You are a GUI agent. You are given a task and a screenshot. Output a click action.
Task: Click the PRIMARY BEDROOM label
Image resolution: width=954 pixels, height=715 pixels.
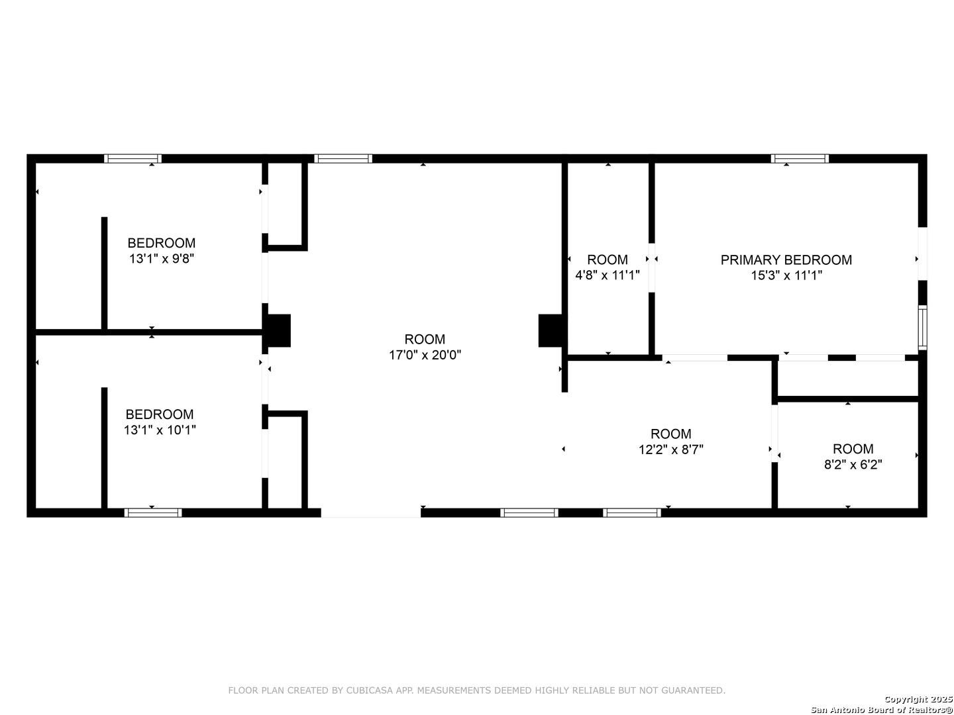pyautogui.click(x=786, y=260)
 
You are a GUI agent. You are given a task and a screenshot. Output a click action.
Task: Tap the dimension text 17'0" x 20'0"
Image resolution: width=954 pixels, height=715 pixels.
pyautogui.click(x=425, y=355)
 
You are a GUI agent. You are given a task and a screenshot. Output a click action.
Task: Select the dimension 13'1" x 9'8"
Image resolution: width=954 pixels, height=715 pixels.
pyautogui.click(x=161, y=259)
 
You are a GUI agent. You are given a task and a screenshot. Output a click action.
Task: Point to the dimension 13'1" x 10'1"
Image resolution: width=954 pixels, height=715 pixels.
pyautogui.click(x=160, y=430)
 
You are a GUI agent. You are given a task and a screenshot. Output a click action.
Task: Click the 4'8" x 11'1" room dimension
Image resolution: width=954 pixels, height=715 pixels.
pyautogui.click(x=607, y=275)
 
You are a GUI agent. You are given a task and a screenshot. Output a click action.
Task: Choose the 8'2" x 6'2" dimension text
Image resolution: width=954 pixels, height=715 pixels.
pyautogui.click(x=853, y=465)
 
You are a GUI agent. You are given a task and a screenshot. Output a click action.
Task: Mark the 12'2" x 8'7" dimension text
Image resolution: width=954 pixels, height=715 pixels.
pyautogui.click(x=670, y=450)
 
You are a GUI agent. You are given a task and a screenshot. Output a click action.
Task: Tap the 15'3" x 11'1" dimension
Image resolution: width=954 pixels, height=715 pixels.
pyautogui.click(x=786, y=275)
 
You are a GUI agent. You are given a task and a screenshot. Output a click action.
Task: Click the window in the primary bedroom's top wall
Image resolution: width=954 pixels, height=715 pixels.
pyautogui.click(x=800, y=159)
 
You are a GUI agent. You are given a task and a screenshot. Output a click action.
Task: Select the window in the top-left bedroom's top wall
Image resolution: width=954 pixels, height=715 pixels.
pyautogui.click(x=132, y=159)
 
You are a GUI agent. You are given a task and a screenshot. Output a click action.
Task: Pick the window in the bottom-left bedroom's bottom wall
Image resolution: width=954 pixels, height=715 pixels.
pyautogui.click(x=153, y=512)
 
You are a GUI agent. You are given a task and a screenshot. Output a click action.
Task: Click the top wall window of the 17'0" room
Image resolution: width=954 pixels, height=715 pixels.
pyautogui.click(x=343, y=159)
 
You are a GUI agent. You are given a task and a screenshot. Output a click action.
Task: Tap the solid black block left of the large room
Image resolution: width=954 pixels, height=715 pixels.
pyautogui.click(x=279, y=330)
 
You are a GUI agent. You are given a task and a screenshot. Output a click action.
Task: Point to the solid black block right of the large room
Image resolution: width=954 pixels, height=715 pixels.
pyautogui.click(x=551, y=330)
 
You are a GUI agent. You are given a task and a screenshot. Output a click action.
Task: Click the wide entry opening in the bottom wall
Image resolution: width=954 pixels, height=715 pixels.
pyautogui.click(x=370, y=512)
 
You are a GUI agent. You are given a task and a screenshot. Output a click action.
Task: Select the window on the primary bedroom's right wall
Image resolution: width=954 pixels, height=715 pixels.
pyautogui.click(x=922, y=328)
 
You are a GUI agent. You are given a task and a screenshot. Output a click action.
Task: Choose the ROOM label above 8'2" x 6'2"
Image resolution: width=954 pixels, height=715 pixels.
pyautogui.click(x=853, y=449)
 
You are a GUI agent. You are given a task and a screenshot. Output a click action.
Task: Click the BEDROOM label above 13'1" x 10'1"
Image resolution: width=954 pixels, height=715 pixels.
pyautogui.click(x=160, y=414)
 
